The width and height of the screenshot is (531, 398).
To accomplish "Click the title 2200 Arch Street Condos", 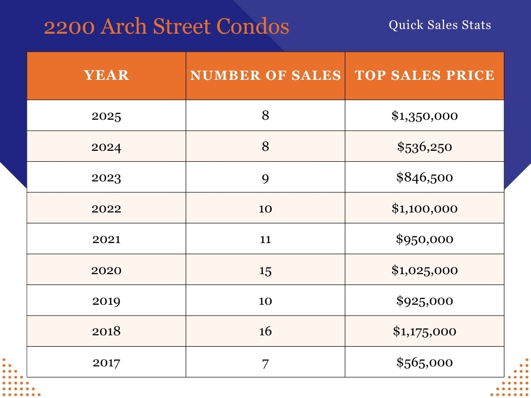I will coord(166,26).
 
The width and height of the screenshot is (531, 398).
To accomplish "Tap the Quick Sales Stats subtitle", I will coord(440,25).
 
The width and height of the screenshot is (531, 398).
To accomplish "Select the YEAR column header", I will coord(106,76).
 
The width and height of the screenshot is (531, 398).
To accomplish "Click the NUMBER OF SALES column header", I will coord(265,76).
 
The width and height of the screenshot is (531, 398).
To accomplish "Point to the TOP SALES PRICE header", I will coord(425,76).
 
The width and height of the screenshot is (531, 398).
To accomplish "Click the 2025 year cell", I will coord(106,116).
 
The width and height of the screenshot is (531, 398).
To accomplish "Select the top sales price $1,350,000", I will coord(425,116).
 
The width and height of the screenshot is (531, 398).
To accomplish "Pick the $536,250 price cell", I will coord(425,147).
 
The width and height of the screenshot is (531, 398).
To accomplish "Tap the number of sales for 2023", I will coord(265,177).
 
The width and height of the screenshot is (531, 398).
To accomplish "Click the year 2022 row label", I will coord(106,208).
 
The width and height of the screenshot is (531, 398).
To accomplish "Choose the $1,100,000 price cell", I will coord(425,208).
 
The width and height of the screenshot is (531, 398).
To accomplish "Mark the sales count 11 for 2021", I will coord(265,239).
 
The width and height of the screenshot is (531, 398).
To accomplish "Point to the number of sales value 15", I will coord(265,270).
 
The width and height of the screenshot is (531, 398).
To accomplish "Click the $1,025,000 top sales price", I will coord(425,270).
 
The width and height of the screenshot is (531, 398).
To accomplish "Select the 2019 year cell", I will coord(106,301).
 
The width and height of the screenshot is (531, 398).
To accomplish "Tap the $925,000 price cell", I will coord(425,301).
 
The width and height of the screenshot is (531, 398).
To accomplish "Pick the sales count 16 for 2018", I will coord(265,331).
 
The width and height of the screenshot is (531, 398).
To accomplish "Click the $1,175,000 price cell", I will coord(425,331).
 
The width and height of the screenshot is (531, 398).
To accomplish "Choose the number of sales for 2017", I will coord(265,362).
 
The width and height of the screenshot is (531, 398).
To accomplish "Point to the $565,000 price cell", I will coord(425,362).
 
